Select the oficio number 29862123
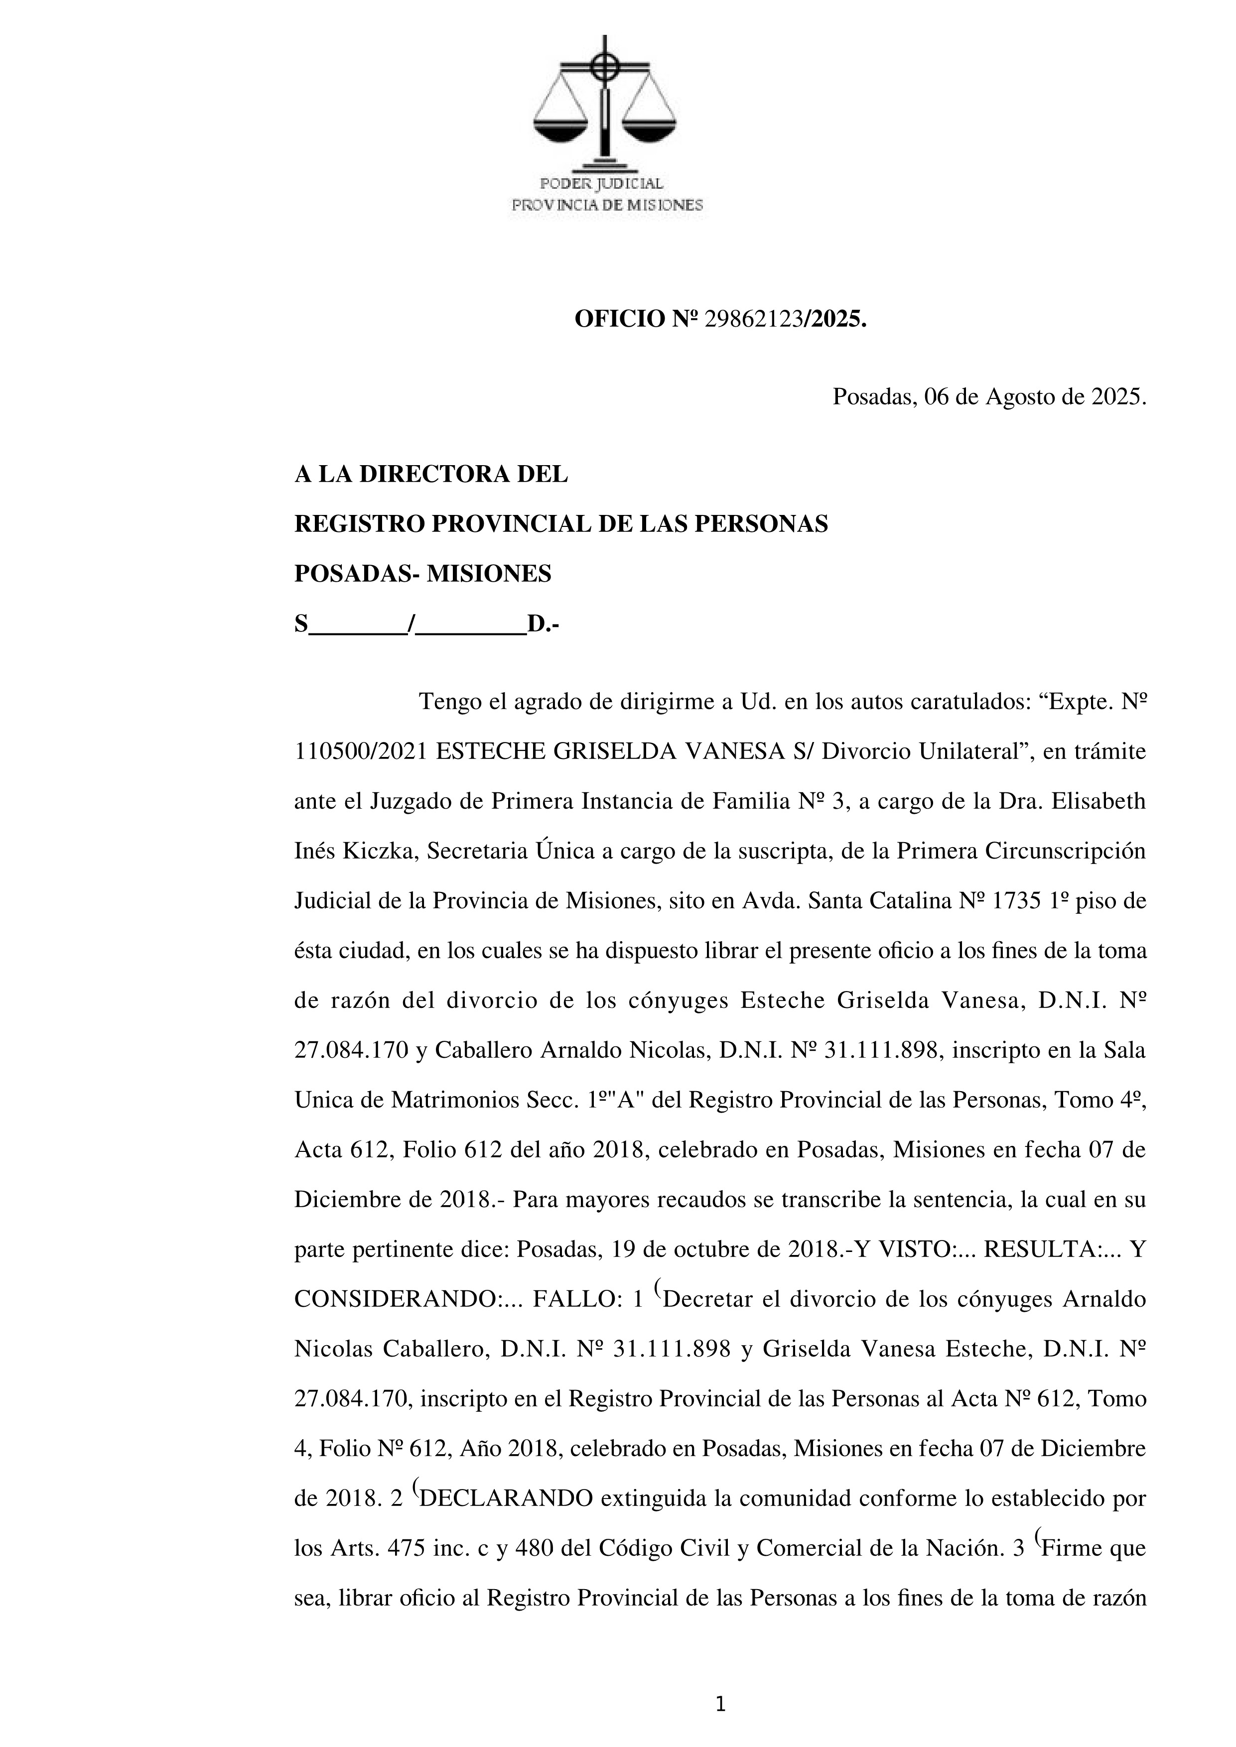click(x=753, y=320)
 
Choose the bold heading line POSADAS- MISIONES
click(x=422, y=574)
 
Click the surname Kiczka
click(x=378, y=852)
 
